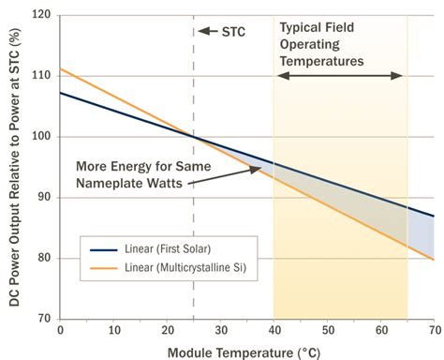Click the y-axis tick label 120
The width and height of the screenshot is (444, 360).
43,16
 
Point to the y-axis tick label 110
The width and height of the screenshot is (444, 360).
43,76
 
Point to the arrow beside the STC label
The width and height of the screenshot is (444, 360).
203,31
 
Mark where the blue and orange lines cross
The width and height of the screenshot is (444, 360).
194,137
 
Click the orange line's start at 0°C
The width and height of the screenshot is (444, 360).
61,68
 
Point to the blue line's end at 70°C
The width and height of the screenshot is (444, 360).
434,216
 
